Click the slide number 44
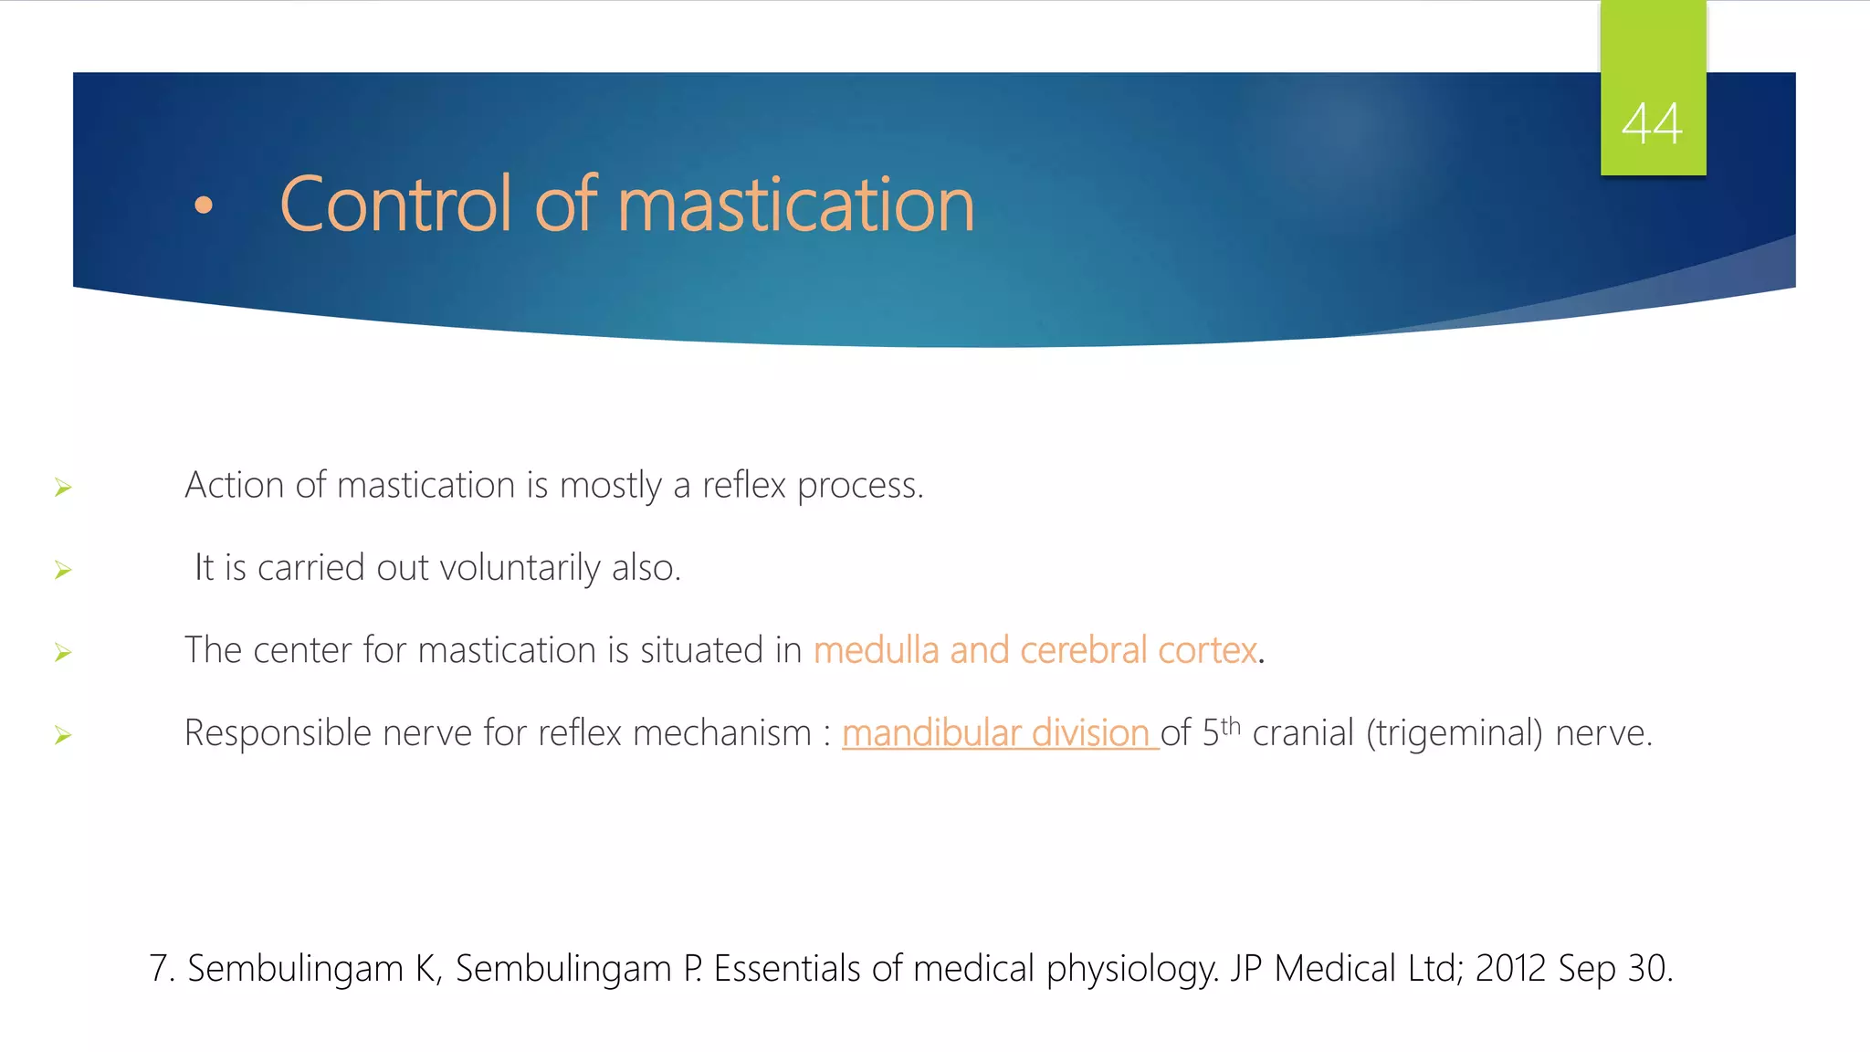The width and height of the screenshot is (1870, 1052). tap(1652, 124)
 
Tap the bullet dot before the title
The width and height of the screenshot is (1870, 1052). tap(204, 206)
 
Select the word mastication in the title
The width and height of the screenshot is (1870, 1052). tap(795, 205)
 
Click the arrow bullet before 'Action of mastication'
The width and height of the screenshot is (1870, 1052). tap(63, 488)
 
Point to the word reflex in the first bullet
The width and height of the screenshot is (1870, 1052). tap(743, 485)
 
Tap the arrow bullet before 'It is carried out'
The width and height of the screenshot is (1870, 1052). tap(63, 570)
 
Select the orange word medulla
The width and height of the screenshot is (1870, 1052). tap(876, 650)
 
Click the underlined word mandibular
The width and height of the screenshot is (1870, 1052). tap(931, 733)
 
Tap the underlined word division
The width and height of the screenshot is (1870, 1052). tap(1090, 733)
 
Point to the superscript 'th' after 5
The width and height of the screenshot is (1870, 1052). tap(1231, 725)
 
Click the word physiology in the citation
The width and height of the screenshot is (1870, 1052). tap(1132, 969)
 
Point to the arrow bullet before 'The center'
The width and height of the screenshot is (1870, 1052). tap(63, 652)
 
